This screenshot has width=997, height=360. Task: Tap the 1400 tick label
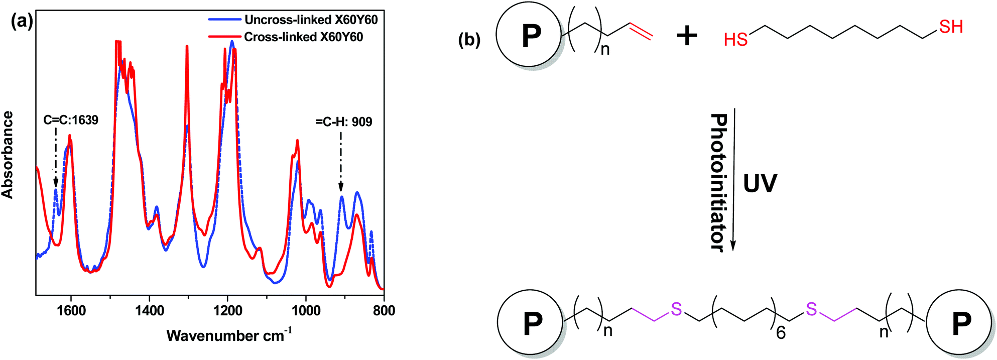150,311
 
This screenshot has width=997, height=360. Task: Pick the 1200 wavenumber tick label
228,311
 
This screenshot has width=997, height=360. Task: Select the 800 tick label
384,311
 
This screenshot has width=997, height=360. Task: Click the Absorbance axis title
8,155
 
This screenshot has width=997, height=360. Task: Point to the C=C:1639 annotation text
71,120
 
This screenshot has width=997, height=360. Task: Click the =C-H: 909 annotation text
344,122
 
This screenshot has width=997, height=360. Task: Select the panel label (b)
469,39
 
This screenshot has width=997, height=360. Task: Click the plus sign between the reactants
687,36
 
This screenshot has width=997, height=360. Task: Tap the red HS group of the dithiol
735,40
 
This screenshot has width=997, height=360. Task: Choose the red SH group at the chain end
951,27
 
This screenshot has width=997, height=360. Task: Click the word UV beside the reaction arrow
760,184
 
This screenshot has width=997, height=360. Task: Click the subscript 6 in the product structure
781,332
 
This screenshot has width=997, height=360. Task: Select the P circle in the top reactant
529,35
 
